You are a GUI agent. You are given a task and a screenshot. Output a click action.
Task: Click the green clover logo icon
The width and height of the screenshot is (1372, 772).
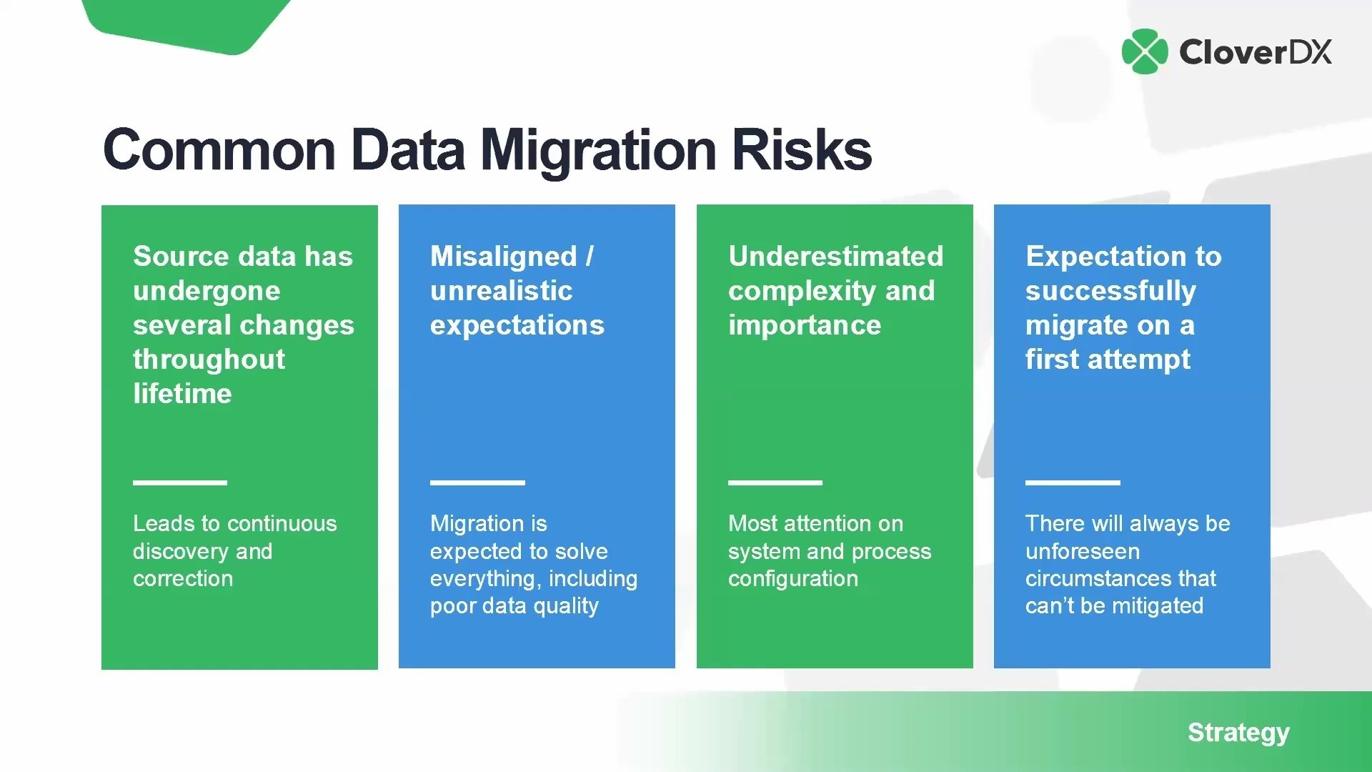(1145, 51)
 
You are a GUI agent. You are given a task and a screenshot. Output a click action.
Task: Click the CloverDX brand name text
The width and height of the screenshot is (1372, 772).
(1256, 52)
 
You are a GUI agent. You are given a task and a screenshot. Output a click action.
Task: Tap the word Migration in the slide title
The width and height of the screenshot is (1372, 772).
(598, 152)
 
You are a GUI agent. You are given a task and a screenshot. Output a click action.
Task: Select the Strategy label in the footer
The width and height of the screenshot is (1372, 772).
(1238, 733)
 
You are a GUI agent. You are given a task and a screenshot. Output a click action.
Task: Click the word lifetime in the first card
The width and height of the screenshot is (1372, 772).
(182, 393)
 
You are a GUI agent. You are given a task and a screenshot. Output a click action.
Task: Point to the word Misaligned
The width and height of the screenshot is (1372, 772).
(503, 257)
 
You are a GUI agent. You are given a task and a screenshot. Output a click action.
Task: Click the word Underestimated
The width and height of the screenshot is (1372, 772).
(835, 256)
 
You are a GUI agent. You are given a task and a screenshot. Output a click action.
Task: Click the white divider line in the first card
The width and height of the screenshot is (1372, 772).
(180, 482)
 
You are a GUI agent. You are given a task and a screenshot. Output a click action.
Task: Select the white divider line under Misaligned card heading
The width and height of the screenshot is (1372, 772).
(477, 482)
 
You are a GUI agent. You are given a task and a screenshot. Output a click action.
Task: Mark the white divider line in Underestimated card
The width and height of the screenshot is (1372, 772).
(775, 482)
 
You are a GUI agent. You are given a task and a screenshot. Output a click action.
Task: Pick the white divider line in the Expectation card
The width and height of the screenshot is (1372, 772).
(1073, 482)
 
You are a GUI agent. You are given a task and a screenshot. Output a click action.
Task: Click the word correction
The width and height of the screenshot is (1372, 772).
(183, 578)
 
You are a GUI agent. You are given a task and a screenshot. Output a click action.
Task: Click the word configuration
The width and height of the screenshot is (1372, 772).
(793, 578)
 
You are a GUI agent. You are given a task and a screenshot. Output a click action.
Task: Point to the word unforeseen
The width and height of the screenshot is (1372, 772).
(1083, 551)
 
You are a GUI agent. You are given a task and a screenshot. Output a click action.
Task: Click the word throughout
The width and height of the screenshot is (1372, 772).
(209, 360)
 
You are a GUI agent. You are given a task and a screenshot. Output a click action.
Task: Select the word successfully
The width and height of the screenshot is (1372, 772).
(1110, 291)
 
